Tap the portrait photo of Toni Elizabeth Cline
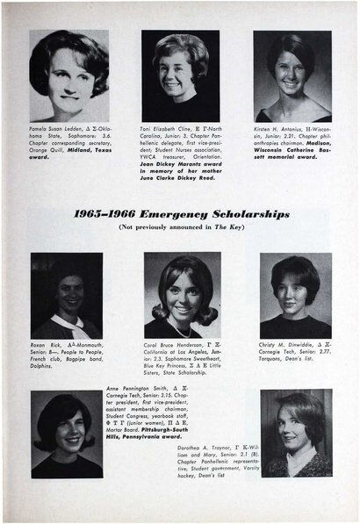point(182,68)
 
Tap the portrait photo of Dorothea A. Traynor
point(295,434)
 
